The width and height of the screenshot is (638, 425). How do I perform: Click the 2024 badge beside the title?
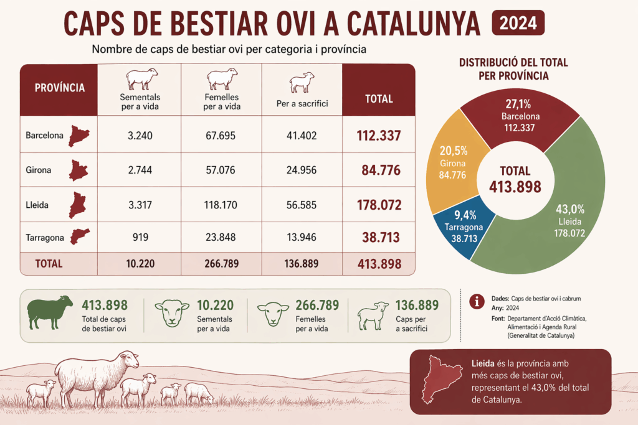click(518, 24)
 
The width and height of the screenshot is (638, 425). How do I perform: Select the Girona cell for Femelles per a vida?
click(221, 170)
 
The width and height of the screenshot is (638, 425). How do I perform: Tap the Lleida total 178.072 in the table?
click(379, 204)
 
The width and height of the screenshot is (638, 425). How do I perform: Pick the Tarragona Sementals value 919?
click(141, 236)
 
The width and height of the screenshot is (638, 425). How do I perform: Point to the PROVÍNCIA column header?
click(59, 88)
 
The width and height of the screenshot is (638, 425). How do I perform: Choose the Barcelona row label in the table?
click(44, 135)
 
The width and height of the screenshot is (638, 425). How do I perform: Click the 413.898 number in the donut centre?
click(515, 186)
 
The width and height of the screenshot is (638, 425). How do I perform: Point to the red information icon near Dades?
click(477, 301)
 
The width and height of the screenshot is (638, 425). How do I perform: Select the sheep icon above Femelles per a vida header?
click(222, 79)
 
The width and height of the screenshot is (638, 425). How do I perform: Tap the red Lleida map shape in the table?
click(77, 204)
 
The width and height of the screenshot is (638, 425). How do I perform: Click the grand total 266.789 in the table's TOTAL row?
click(221, 263)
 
